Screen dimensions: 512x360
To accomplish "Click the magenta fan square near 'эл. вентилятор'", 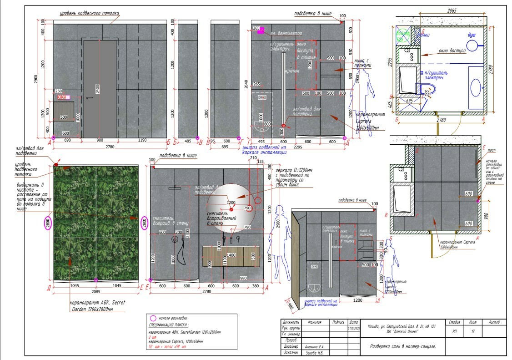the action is pyautogui.click(x=261, y=31).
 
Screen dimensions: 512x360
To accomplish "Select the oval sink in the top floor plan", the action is pyautogui.click(x=476, y=86).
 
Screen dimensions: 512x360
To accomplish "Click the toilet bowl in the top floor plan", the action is pyautogui.click(x=429, y=88).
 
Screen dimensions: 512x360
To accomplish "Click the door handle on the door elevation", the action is pyautogui.click(x=90, y=97).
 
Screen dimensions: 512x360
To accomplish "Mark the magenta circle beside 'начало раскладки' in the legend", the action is pyautogui.click(x=153, y=318).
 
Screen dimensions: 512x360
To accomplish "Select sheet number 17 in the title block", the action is pyautogui.click(x=473, y=332).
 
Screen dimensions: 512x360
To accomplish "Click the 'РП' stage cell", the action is pyautogui.click(x=455, y=332).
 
